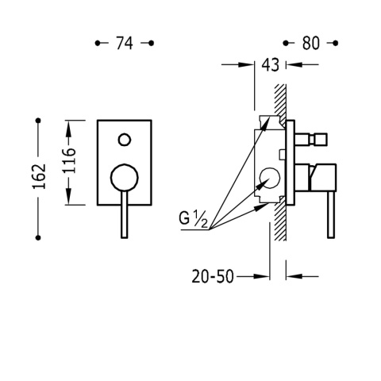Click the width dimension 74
point(125,44)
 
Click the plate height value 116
point(70,162)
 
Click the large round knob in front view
point(124,178)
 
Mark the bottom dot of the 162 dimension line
point(37,236)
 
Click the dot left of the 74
point(98,44)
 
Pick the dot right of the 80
point(337,44)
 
